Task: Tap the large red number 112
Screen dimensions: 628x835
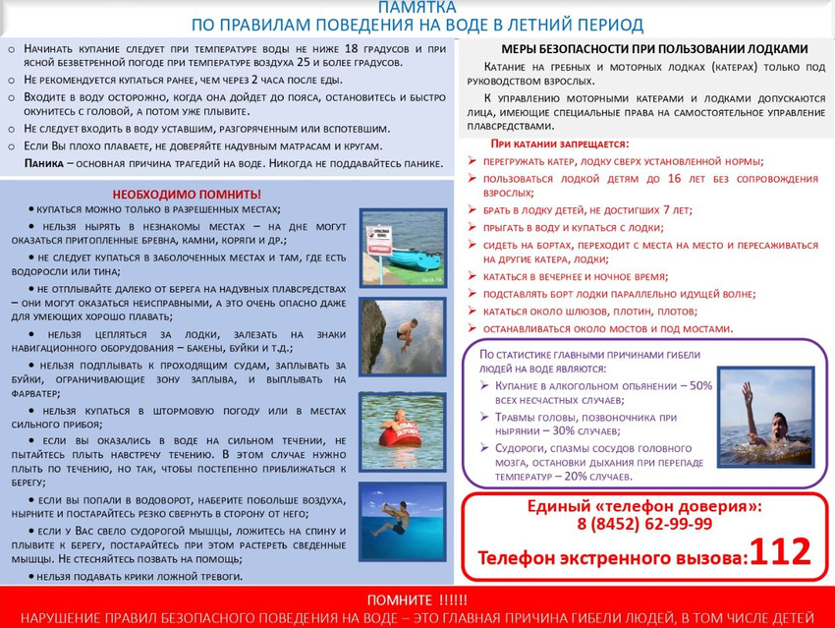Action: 781,552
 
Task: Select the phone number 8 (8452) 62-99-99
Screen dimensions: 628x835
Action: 644,525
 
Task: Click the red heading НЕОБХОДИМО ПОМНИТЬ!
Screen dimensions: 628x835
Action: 187,195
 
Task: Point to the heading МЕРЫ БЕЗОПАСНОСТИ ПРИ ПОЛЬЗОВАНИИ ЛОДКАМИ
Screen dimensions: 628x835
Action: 654,48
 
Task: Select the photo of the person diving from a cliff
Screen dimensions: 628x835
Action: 402,336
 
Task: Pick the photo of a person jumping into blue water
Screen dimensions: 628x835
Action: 402,521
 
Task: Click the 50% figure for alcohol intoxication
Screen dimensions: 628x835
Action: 699,386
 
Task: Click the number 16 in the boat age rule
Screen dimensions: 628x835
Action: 674,179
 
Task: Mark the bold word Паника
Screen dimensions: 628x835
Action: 45,163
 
